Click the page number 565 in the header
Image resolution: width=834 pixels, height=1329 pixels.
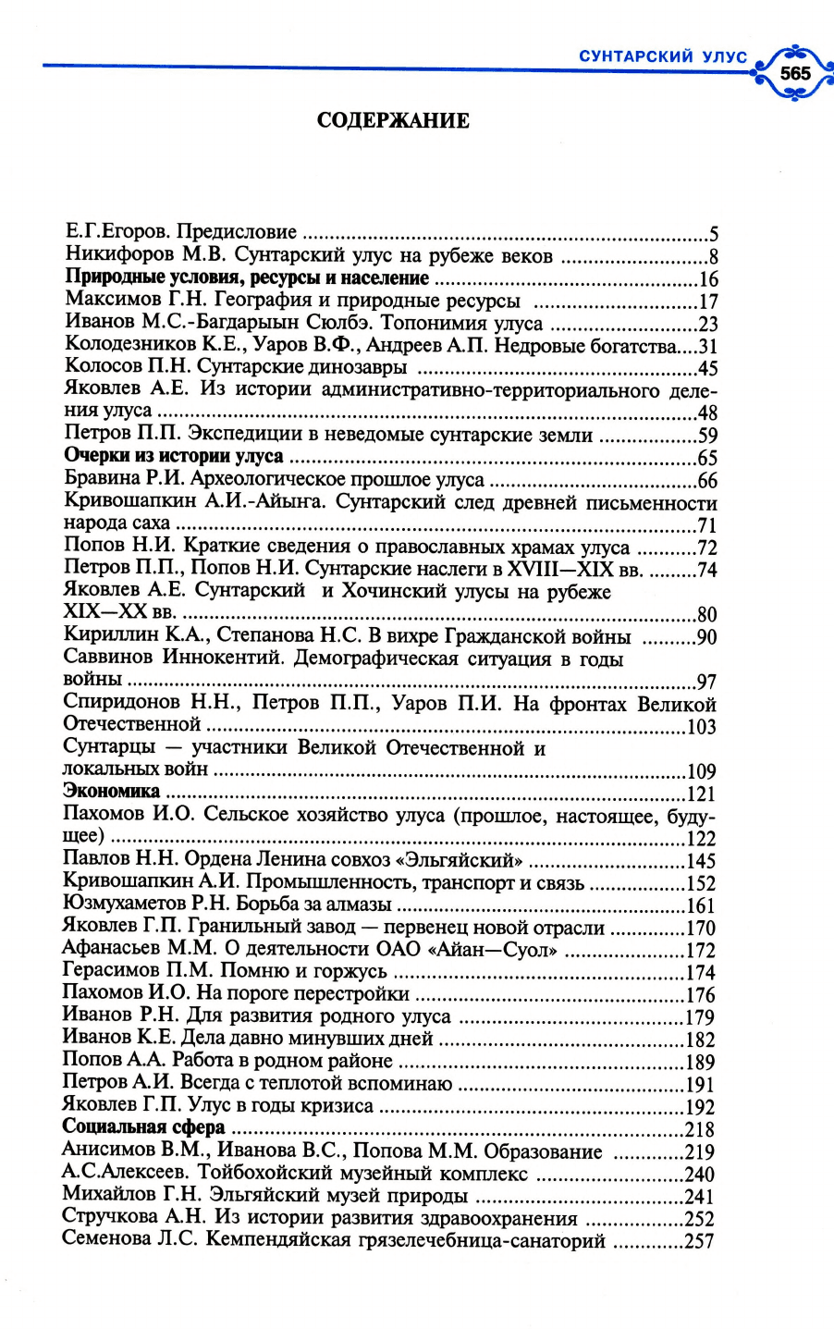pos(794,72)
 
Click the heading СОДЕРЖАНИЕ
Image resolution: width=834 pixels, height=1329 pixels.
pos(393,120)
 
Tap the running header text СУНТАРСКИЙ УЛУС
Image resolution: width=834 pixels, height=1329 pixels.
pos(663,56)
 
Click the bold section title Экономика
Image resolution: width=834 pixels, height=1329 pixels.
pos(111,792)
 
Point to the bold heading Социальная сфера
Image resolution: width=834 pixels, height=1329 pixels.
pos(143,1127)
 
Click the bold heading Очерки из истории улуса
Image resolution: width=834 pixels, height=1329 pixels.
pos(174,457)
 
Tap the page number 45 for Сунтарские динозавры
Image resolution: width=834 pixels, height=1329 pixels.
pos(707,368)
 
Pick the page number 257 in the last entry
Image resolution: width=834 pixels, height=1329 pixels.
pos(699,1241)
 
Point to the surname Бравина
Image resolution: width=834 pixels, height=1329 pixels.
pos(99,479)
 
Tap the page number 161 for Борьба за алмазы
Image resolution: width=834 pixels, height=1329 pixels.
pos(701,905)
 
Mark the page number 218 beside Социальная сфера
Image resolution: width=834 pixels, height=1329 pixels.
pos(700,1129)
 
